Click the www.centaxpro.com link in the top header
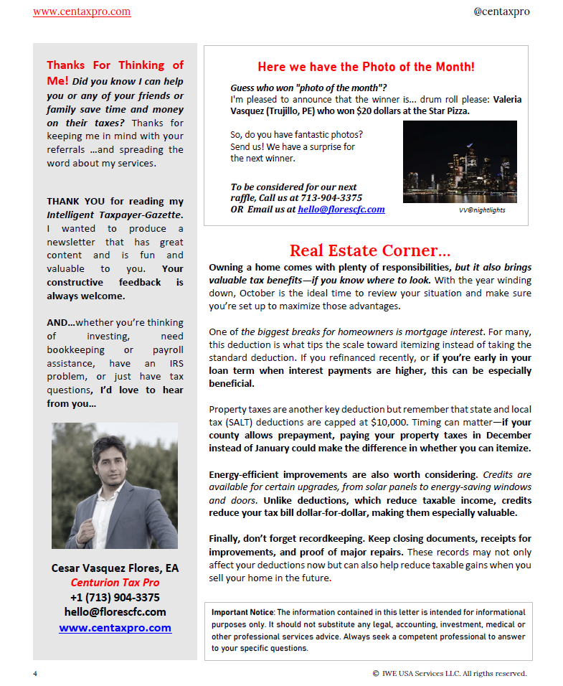click(x=82, y=11)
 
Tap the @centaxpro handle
click(x=501, y=11)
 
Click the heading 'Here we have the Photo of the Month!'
click(x=366, y=67)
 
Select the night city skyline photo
click(x=460, y=161)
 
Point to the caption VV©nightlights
click(x=482, y=210)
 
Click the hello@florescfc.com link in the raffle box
click(x=341, y=210)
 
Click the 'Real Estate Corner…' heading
click(x=370, y=250)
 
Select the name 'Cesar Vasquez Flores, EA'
click(x=115, y=568)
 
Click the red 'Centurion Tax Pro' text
click(x=115, y=582)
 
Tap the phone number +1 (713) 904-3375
click(x=115, y=597)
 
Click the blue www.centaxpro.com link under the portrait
click(x=115, y=628)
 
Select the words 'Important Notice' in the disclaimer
click(x=242, y=612)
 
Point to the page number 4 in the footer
click(x=35, y=673)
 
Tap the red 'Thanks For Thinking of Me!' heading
click(x=115, y=72)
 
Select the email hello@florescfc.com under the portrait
click(x=115, y=612)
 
